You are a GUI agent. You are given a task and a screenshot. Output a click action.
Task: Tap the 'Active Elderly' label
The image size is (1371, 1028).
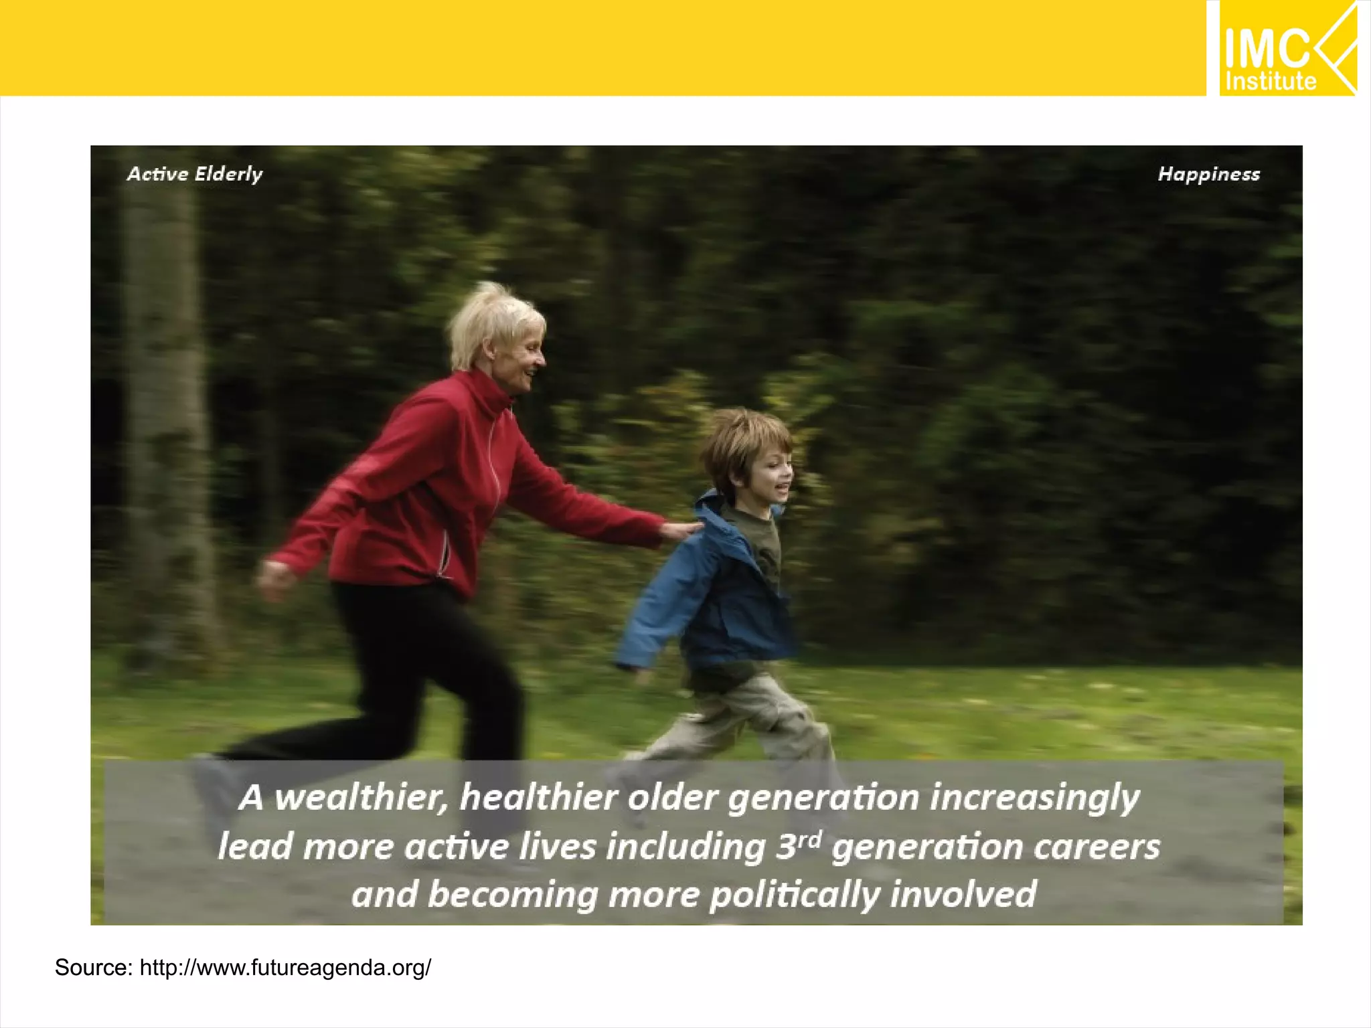pyautogui.click(x=195, y=174)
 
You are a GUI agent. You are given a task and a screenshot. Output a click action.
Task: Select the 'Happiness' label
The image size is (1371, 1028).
pyautogui.click(x=1208, y=174)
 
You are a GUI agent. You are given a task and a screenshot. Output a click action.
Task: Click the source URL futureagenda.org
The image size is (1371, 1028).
pyautogui.click(x=285, y=967)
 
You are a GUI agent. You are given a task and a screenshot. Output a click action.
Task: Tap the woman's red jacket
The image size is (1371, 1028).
pyautogui.click(x=428, y=482)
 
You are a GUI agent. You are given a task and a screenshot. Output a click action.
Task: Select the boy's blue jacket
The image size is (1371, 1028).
pyautogui.click(x=710, y=589)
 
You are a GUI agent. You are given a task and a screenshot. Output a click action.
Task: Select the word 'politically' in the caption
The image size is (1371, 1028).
pyautogui.click(x=794, y=895)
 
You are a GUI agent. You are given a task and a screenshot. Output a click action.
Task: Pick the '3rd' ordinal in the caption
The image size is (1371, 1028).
pyautogui.click(x=798, y=845)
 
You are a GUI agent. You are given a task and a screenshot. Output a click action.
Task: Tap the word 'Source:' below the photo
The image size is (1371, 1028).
pyautogui.click(x=94, y=967)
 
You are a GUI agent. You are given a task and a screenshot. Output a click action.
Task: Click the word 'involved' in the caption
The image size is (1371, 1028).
pyautogui.click(x=964, y=894)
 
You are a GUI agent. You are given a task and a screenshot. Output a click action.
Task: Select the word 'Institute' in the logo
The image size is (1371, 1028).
pyautogui.click(x=1271, y=82)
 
